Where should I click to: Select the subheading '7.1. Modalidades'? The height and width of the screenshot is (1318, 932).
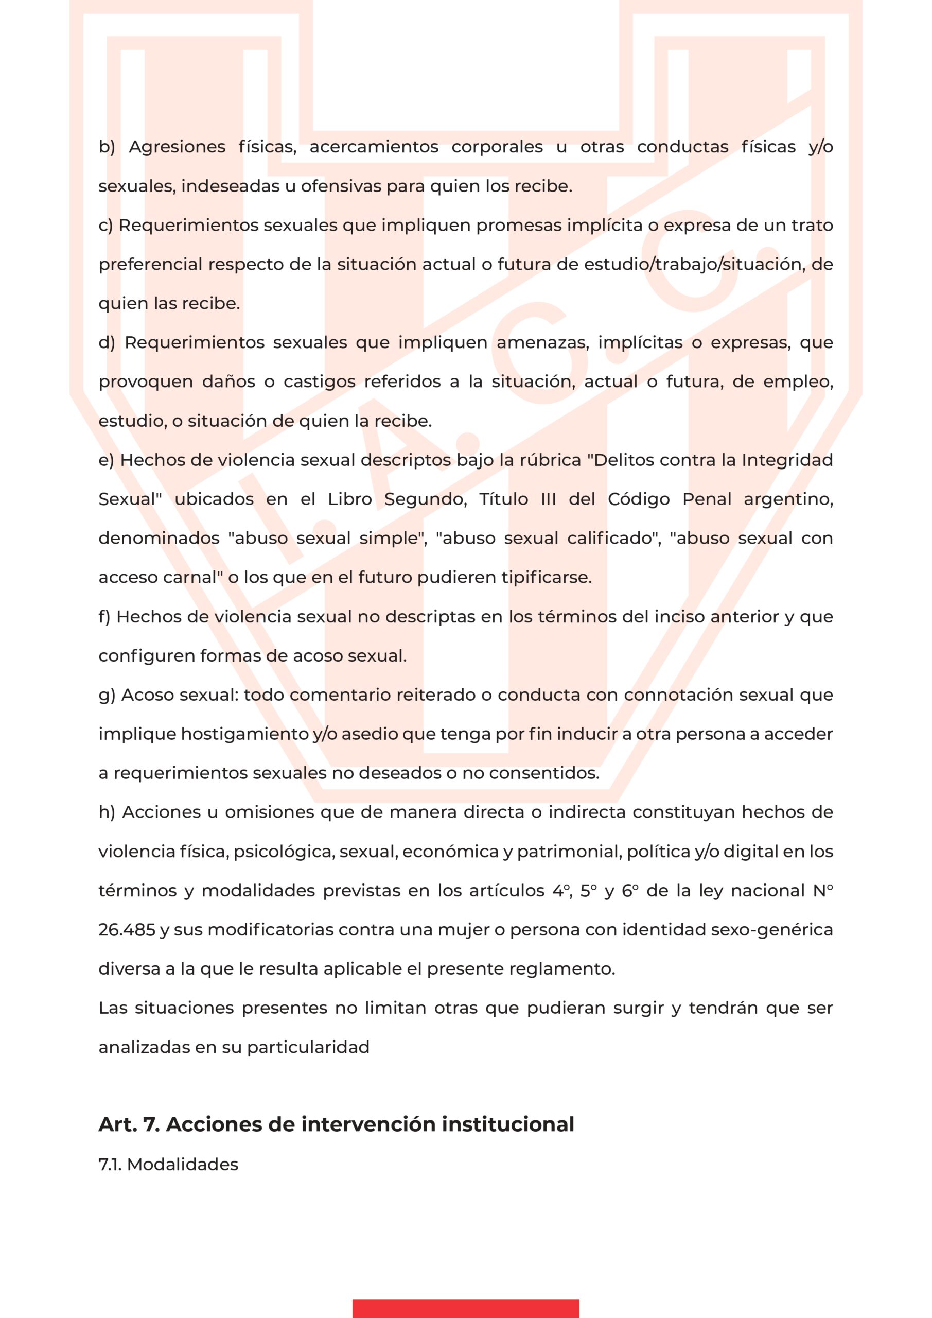pyautogui.click(x=168, y=1164)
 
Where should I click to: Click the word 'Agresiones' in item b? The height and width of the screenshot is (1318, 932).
pyautogui.click(x=177, y=147)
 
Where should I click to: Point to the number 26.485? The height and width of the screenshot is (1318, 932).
pyautogui.click(x=127, y=929)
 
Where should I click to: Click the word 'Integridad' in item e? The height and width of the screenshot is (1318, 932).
pyautogui.click(x=787, y=460)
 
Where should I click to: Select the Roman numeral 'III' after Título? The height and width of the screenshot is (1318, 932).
pyautogui.click(x=548, y=499)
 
